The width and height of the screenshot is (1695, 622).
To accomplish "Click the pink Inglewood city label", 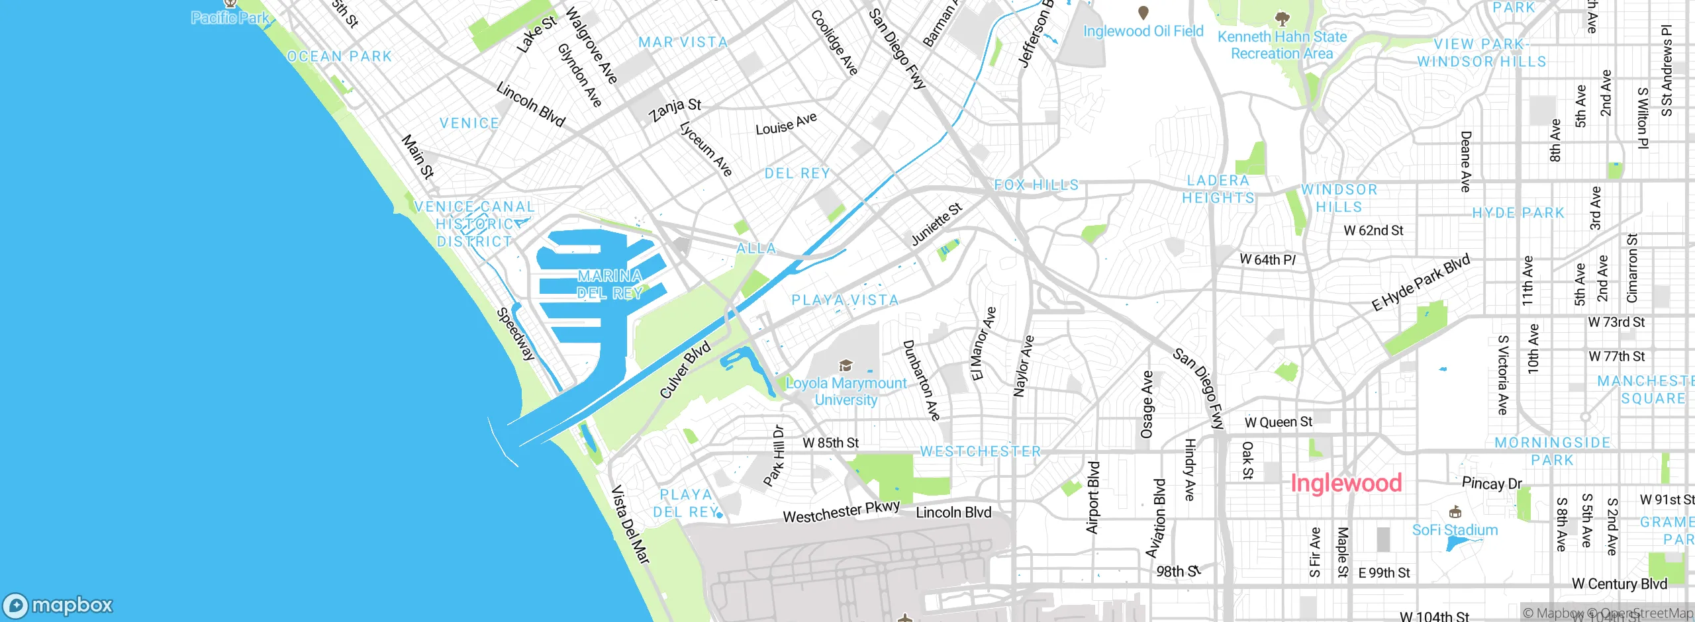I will click(1345, 483).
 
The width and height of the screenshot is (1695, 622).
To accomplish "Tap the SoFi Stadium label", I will click(1455, 530).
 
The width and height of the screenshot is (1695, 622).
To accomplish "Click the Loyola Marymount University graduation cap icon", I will click(846, 365).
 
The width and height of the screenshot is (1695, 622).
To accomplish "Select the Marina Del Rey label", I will click(610, 285).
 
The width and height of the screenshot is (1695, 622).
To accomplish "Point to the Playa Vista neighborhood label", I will click(845, 300).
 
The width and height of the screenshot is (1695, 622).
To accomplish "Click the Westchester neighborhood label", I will click(981, 452).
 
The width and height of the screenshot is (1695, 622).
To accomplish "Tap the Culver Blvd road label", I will click(685, 370).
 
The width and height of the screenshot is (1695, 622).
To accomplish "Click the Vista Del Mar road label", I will click(630, 524).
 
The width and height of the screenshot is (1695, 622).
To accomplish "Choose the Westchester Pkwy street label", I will click(841, 512).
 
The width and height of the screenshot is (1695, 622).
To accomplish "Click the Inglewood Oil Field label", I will click(1143, 31).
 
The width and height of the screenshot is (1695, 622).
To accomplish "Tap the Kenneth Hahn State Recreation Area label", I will click(1282, 45).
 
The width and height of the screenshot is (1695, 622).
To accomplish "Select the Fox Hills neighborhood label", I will click(1036, 185).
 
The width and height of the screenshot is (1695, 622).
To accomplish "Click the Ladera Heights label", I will click(1218, 189).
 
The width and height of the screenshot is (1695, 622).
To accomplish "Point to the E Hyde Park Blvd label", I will click(1421, 282).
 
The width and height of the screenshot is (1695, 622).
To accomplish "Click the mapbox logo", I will click(58, 605).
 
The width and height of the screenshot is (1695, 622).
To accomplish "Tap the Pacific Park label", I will click(230, 18).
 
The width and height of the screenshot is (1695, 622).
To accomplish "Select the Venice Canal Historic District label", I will click(474, 224).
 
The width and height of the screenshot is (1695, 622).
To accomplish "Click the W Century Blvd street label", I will click(1619, 584).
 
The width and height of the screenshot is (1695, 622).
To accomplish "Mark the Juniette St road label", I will click(936, 225).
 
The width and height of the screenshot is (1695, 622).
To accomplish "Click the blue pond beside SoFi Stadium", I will click(1460, 544).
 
